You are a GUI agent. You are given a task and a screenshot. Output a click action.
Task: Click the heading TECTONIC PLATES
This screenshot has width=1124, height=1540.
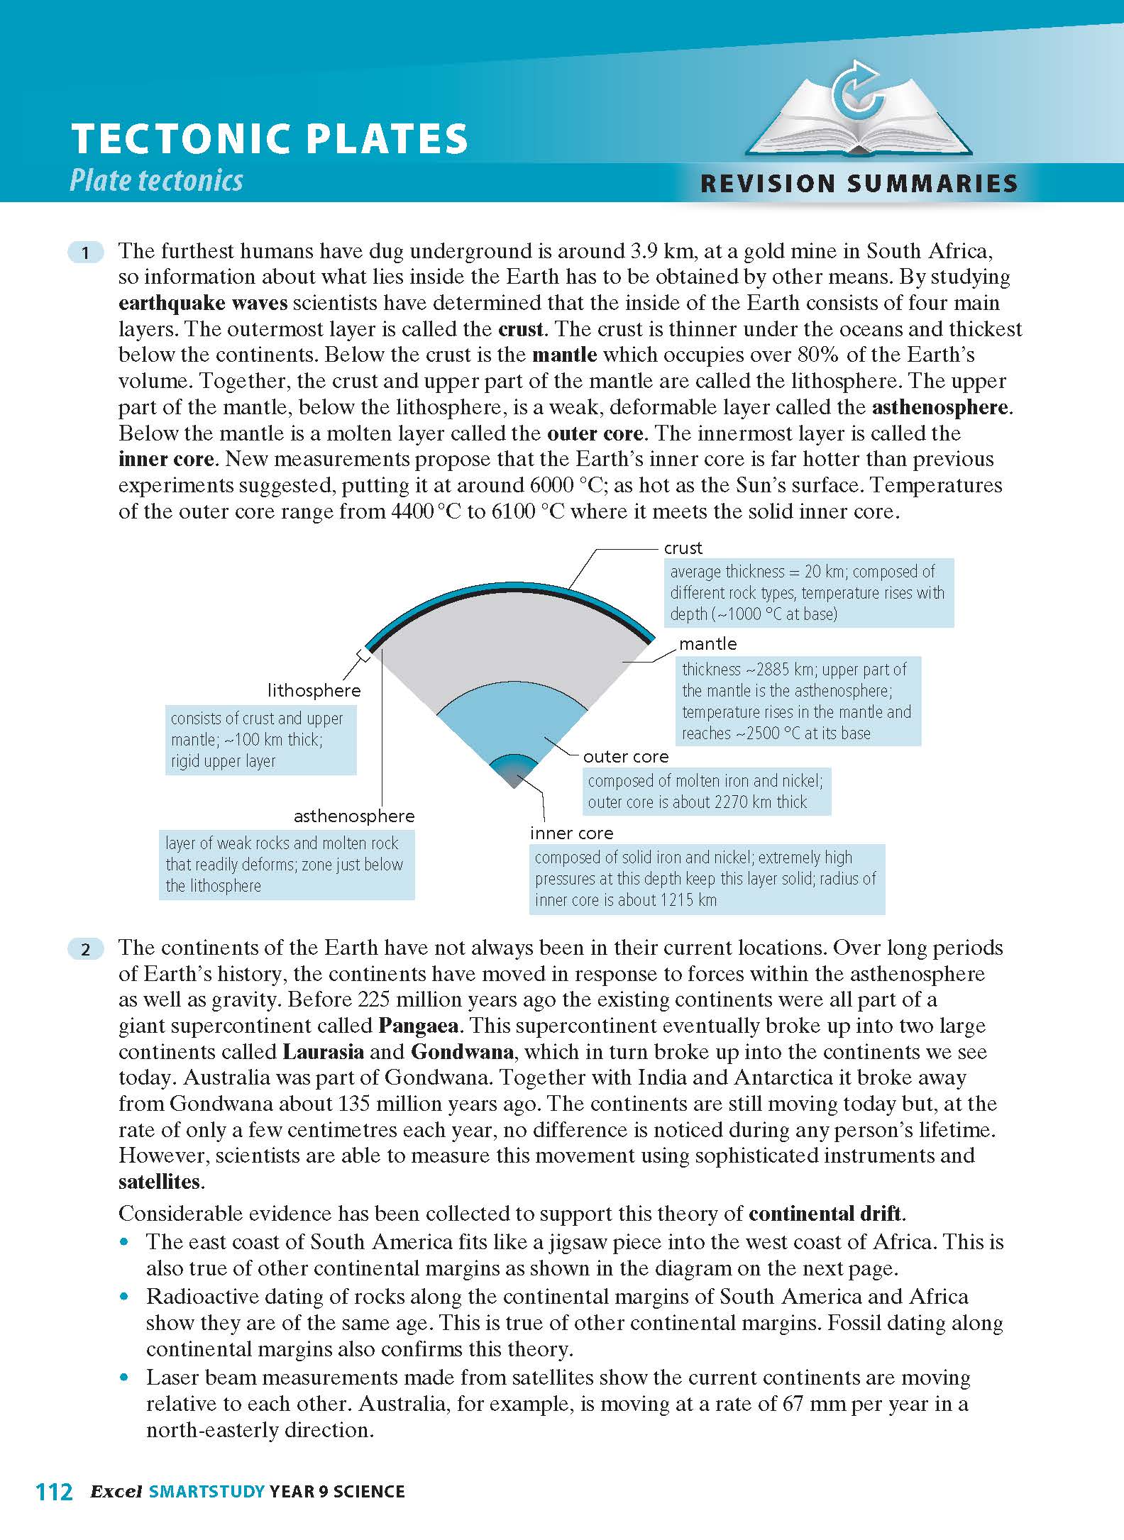[270, 138]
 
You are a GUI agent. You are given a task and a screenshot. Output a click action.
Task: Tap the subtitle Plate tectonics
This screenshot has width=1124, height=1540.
[156, 180]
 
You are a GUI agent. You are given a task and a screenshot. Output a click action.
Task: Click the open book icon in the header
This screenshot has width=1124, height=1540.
[859, 113]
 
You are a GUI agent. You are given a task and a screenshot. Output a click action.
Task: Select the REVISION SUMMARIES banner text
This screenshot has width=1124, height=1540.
[859, 184]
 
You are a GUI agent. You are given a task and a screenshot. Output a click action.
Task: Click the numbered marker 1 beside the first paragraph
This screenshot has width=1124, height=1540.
[85, 253]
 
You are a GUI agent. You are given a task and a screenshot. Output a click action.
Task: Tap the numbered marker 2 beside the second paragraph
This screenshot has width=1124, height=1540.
[85, 949]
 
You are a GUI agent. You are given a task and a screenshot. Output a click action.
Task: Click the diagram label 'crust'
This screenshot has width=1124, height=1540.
[683, 548]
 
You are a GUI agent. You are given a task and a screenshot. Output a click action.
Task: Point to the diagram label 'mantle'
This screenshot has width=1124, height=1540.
[707, 643]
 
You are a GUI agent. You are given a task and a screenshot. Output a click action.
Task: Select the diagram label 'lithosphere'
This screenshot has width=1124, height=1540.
[314, 690]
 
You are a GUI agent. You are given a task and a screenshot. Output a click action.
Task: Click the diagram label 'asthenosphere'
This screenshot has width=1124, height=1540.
[354, 816]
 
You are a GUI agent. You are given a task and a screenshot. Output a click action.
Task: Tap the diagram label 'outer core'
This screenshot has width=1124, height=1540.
[625, 756]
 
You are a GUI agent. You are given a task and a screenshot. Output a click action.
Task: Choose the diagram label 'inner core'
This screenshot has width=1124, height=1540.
[571, 833]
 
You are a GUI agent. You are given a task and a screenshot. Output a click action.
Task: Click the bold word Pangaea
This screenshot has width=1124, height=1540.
[418, 1026]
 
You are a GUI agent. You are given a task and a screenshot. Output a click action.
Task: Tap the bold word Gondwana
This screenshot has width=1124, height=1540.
[462, 1052]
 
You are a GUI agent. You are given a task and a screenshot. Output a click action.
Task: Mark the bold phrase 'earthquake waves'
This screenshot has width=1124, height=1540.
[203, 303]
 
